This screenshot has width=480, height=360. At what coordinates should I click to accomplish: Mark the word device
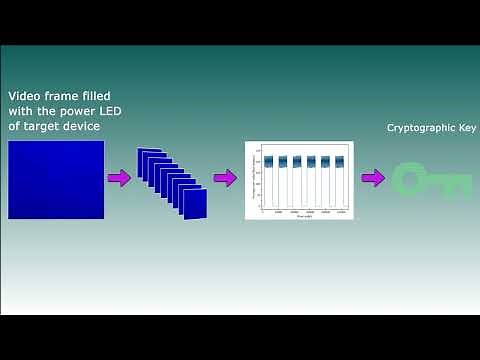88,127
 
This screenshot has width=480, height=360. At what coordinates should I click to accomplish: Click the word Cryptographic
417,128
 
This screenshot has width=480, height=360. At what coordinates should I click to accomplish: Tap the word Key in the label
462,128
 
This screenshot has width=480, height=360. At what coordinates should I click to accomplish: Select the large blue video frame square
56,179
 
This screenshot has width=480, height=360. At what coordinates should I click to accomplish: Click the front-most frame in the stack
194,204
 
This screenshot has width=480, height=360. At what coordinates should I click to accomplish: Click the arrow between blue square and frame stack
119,178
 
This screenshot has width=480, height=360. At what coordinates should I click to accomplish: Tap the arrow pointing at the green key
373,178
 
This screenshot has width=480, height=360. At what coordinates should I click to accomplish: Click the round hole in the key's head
411,180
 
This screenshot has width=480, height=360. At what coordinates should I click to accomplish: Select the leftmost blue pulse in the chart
268,161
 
